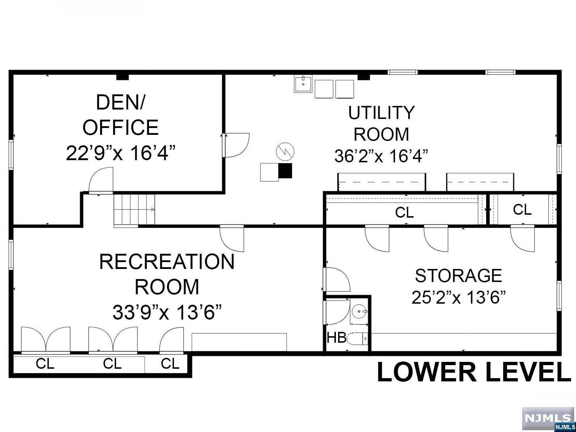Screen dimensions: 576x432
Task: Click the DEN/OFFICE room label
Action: click(x=120, y=115)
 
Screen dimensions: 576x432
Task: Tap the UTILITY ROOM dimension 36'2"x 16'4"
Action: click(x=381, y=156)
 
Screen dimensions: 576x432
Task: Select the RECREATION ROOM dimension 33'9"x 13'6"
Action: click(x=167, y=312)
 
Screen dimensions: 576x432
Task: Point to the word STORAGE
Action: click(x=458, y=276)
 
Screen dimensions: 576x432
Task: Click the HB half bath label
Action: click(x=337, y=338)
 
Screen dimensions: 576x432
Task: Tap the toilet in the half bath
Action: click(x=357, y=339)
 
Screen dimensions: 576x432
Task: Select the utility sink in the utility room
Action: click(x=303, y=84)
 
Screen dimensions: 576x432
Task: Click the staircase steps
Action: click(x=134, y=209)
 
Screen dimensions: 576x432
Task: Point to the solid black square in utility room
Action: click(x=285, y=171)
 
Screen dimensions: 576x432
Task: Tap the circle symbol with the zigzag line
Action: click(x=285, y=151)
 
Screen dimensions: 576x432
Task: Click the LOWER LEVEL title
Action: click(x=474, y=372)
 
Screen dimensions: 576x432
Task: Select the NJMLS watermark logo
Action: click(x=549, y=419)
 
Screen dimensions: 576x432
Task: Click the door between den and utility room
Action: click(x=236, y=145)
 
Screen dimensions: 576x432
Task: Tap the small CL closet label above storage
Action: click(x=522, y=210)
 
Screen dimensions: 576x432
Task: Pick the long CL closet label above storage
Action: click(x=404, y=213)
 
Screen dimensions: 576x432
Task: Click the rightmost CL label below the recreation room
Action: click(x=170, y=364)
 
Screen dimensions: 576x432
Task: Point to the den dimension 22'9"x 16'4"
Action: click(x=120, y=153)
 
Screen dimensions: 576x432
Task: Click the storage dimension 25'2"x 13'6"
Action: click(x=458, y=297)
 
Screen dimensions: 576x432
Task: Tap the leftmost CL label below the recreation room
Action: click(x=45, y=364)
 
